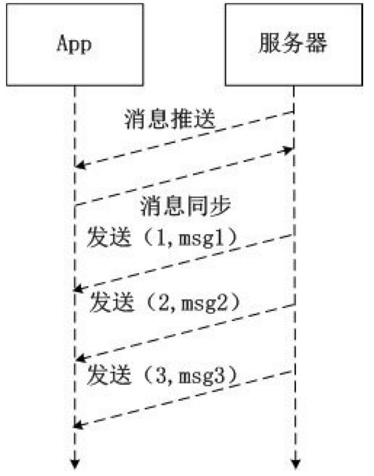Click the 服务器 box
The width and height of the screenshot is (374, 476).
pyautogui.click(x=294, y=44)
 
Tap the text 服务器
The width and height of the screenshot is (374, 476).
pyautogui.click(x=294, y=44)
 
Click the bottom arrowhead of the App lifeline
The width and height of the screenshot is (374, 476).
pyautogui.click(x=76, y=463)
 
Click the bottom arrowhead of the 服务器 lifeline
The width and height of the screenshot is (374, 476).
pyautogui.click(x=295, y=463)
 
